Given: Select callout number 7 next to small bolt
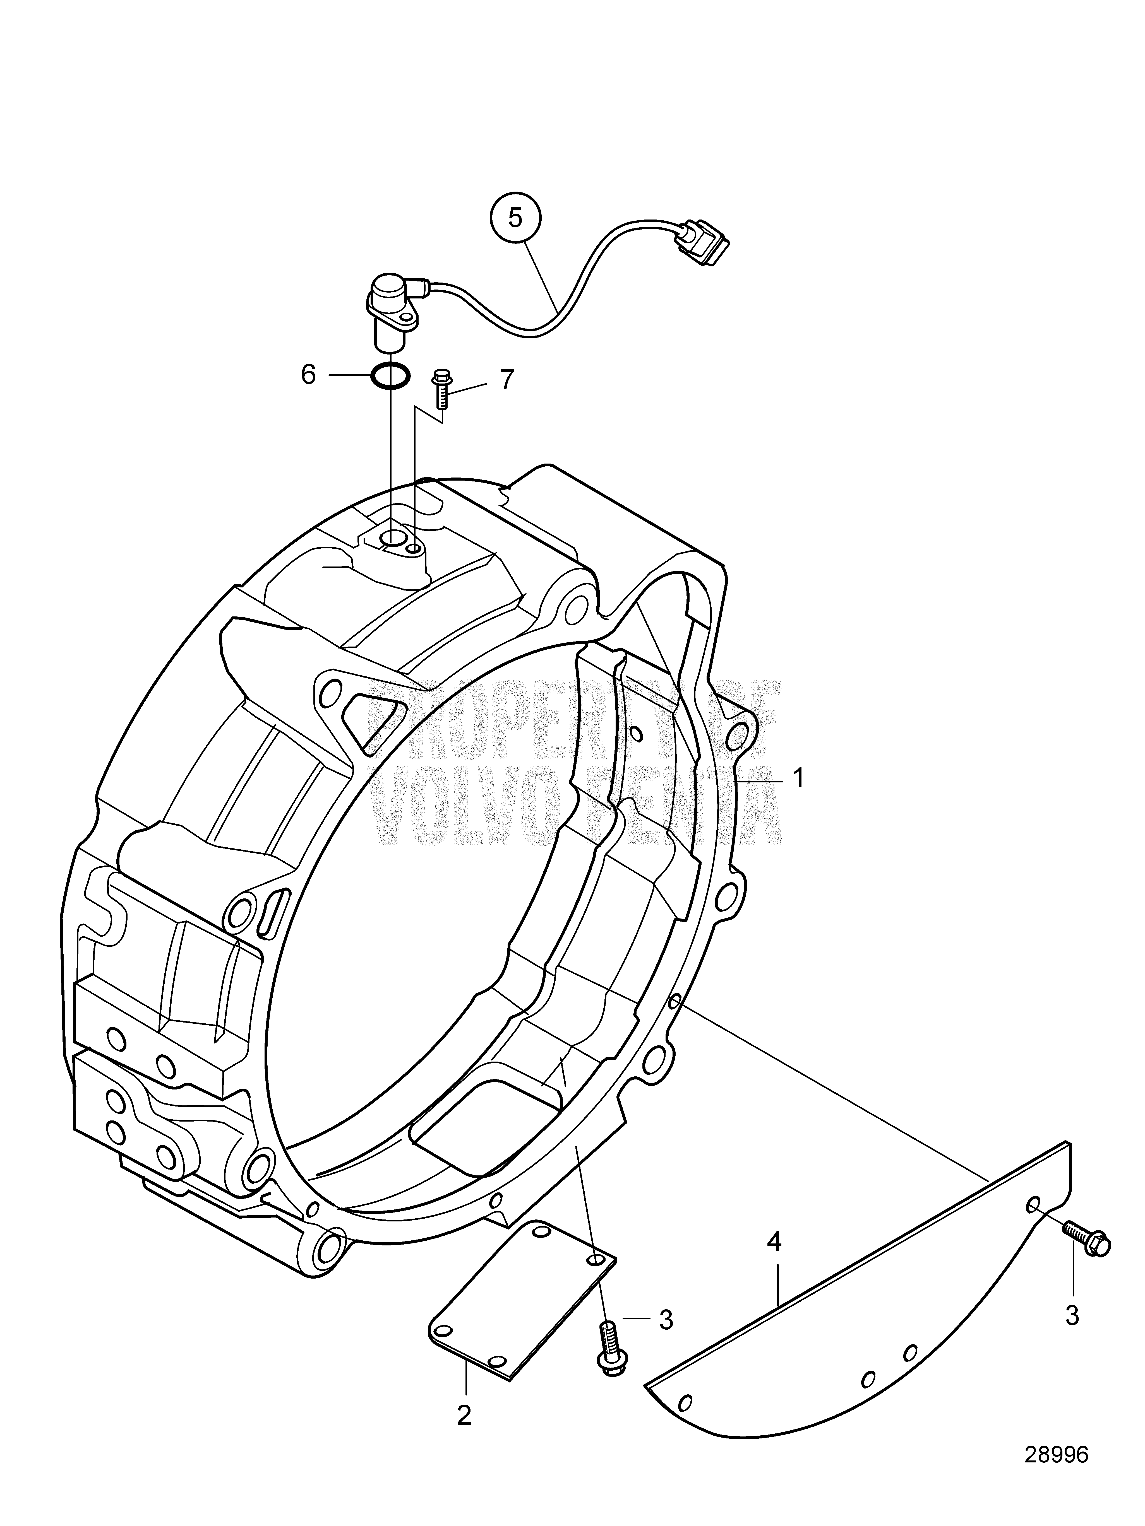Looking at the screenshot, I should [x=507, y=380].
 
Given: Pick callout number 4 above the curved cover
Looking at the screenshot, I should [x=774, y=1244].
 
